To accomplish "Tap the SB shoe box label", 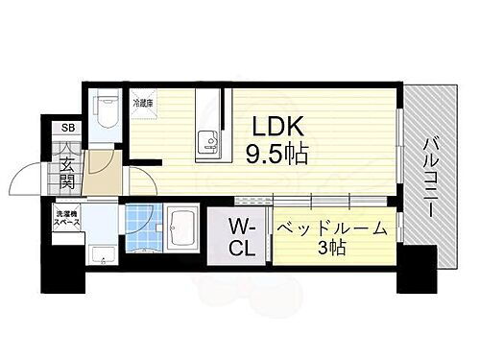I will pos(66,129).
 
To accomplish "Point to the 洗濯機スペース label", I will pos(66,218).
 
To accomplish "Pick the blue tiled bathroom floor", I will pos(141,233).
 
